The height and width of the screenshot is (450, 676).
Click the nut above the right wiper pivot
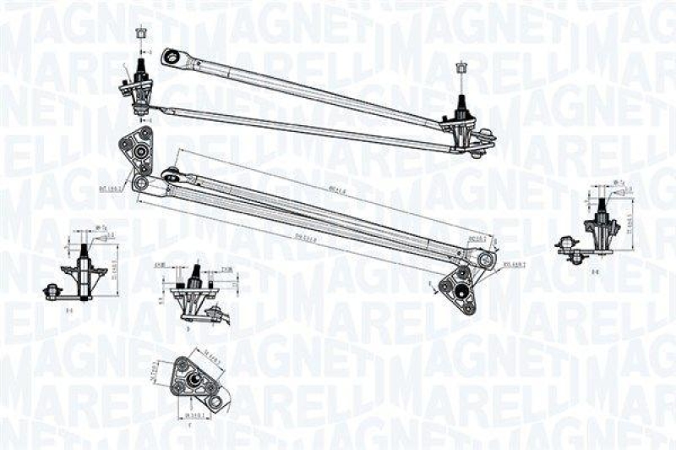point(461,68)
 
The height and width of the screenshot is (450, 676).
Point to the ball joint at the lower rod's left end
point(172,177)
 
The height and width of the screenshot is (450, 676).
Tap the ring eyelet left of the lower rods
point(140,184)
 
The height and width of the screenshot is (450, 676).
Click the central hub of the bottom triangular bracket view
point(194,380)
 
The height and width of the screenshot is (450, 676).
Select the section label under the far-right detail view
point(595,272)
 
